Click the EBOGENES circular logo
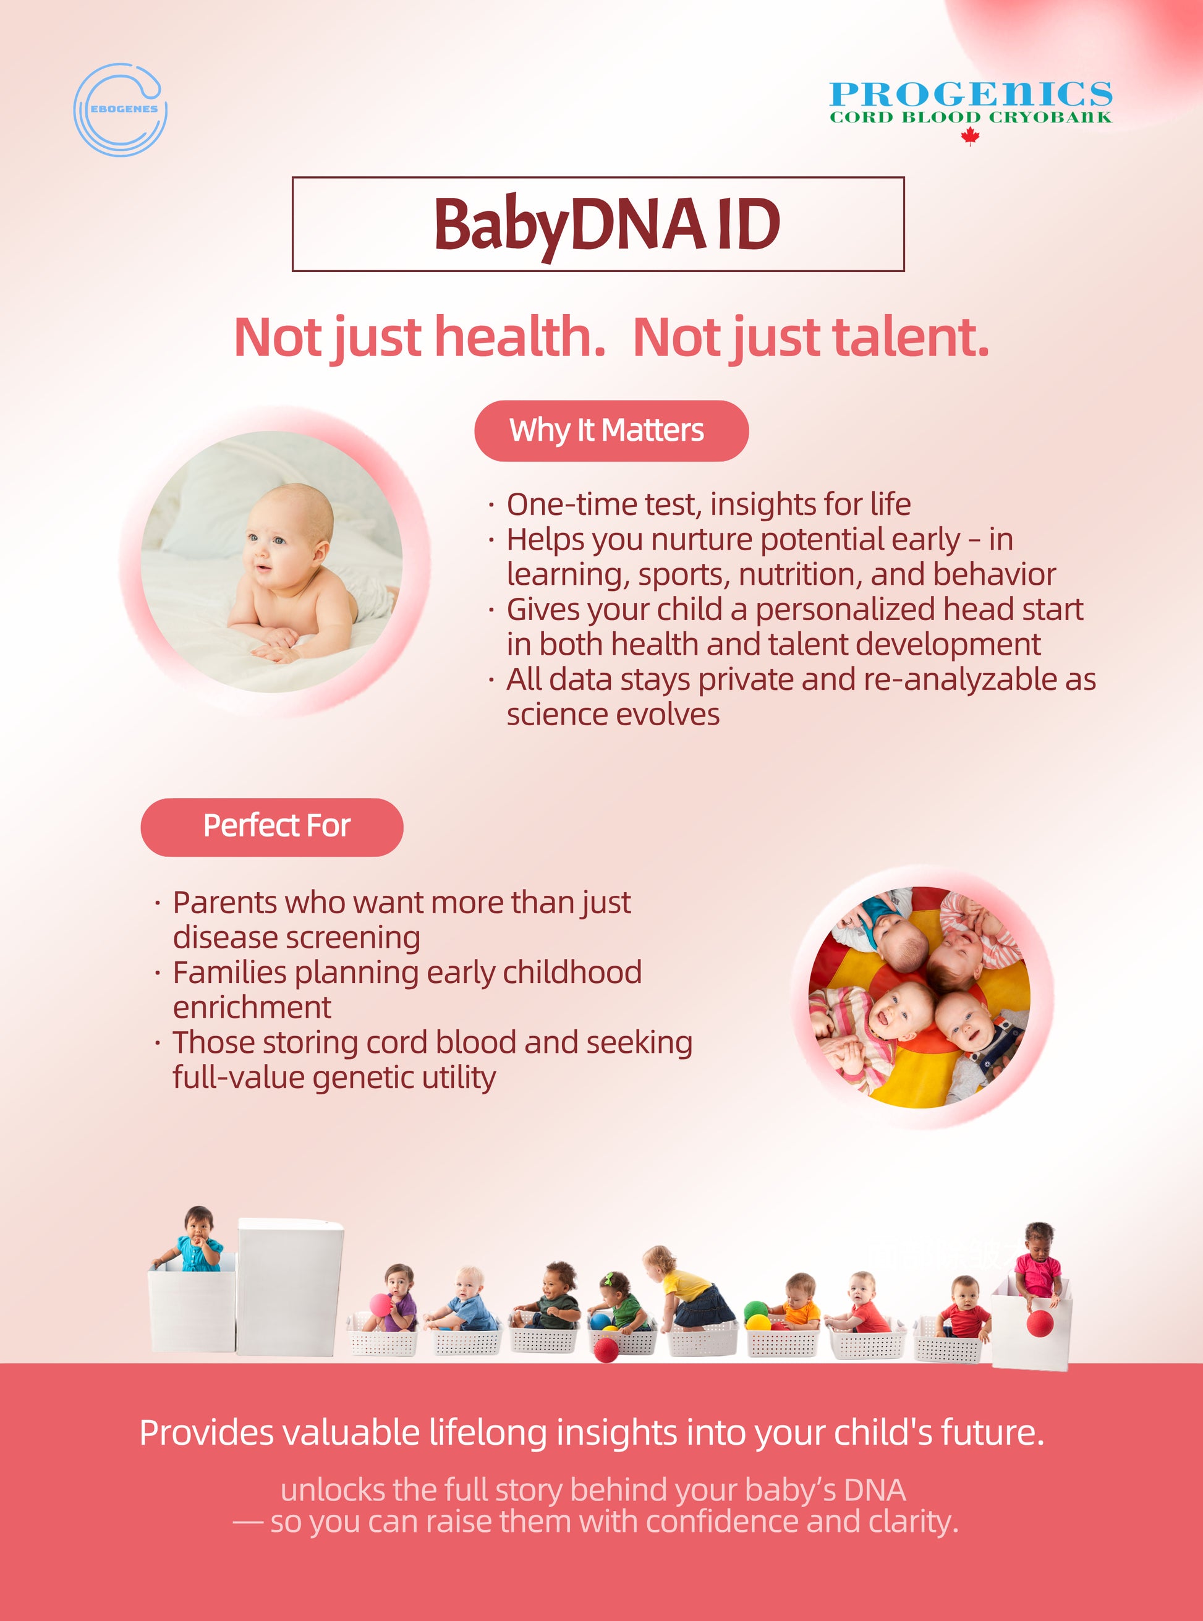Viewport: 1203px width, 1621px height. pyautogui.click(x=121, y=109)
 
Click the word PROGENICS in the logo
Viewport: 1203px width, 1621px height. pyautogui.click(x=971, y=95)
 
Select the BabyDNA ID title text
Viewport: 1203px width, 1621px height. pyautogui.click(x=606, y=224)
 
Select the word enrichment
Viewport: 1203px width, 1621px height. pyautogui.click(x=252, y=1008)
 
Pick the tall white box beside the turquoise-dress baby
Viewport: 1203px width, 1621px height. pyautogui.click(x=290, y=1287)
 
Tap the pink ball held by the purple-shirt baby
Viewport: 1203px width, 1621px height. pyautogui.click(x=380, y=1303)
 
